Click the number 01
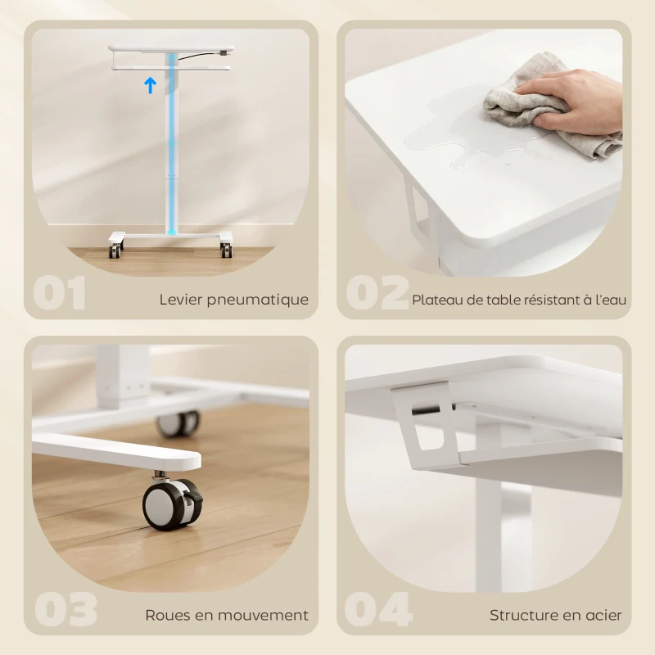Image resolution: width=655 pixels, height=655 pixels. click(60, 294)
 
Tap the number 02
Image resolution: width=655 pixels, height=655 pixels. click(377, 294)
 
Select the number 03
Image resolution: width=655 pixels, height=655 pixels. click(65, 610)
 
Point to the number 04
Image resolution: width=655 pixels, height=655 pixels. click(378, 610)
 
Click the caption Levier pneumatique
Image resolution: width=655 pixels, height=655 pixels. click(234, 300)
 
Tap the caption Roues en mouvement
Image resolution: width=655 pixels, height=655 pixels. click(227, 615)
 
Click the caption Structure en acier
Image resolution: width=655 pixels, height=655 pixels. click(556, 615)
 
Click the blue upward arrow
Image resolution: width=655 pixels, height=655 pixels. click(150, 85)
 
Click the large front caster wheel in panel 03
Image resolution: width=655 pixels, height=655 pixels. click(170, 503)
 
